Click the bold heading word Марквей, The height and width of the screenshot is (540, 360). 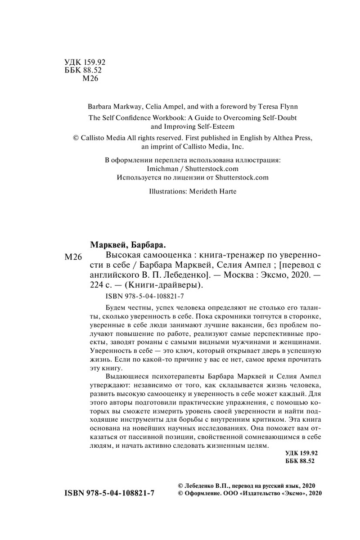coord(108,245)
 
